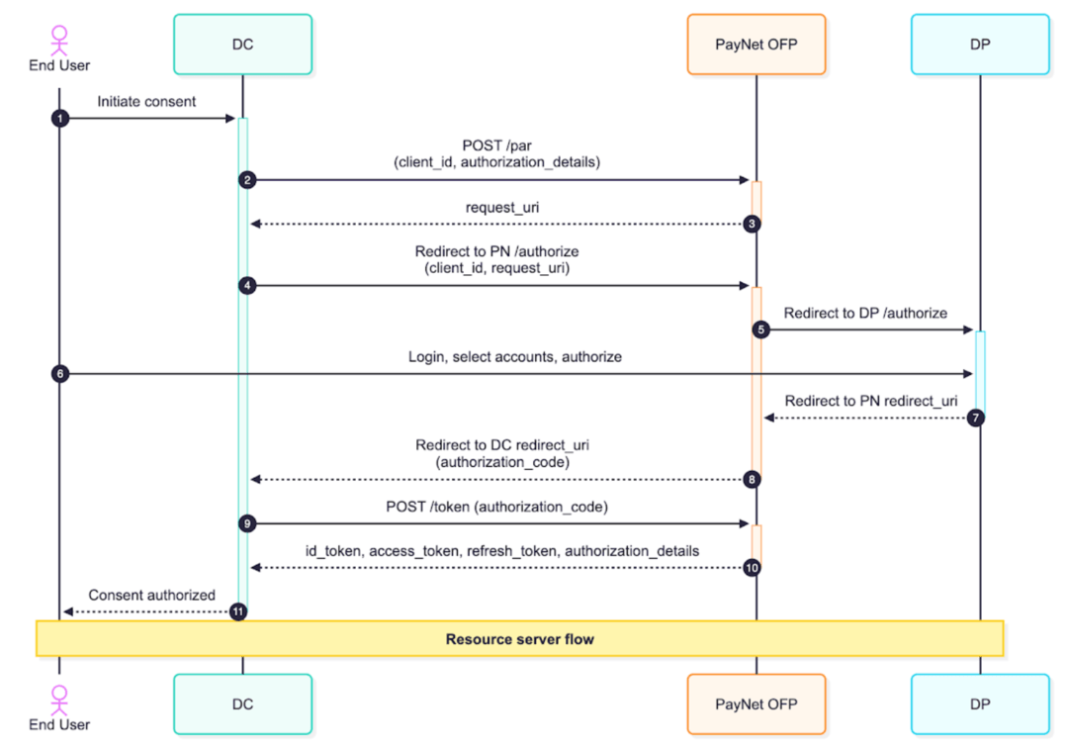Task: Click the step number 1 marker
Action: [59, 118]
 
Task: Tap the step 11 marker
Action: [238, 611]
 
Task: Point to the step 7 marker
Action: [976, 418]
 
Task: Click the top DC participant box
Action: [242, 45]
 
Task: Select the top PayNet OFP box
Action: [756, 45]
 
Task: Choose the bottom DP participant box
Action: [980, 704]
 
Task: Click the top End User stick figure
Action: [59, 40]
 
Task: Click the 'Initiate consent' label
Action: [146, 102]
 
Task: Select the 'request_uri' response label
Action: [500, 208]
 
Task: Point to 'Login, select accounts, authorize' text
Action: [514, 356]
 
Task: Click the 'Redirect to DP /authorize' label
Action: [865, 313]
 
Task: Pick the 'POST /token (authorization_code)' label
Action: [496, 506]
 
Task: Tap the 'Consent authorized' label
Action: [151, 595]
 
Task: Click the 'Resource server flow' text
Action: [519, 639]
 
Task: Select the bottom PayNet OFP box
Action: [756, 704]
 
